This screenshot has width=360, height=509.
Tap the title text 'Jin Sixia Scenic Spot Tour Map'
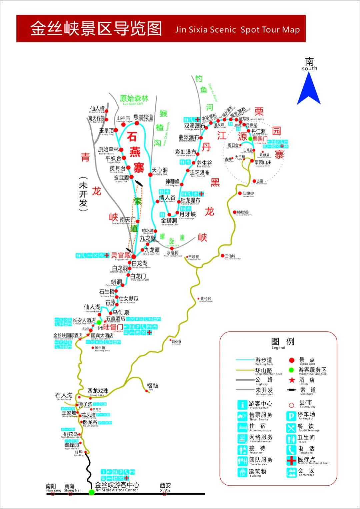[237, 30]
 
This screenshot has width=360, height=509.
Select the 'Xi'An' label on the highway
[165, 487]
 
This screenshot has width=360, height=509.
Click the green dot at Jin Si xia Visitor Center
[92, 492]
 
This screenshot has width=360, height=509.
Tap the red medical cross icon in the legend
[291, 461]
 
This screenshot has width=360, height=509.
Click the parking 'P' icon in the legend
[291, 416]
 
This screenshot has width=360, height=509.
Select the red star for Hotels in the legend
[292, 380]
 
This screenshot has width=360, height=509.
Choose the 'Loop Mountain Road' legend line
[245, 370]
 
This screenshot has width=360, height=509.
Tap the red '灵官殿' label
[121, 255]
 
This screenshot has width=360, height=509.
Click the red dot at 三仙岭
[223, 256]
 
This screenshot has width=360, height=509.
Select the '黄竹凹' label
[205, 299]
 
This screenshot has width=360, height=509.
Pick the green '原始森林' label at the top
[134, 99]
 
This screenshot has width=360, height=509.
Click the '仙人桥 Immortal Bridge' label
[97, 109]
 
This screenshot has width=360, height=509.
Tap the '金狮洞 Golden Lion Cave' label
[169, 221]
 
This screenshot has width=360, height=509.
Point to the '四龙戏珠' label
[98, 391]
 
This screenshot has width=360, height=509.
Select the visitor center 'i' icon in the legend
[242, 405]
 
